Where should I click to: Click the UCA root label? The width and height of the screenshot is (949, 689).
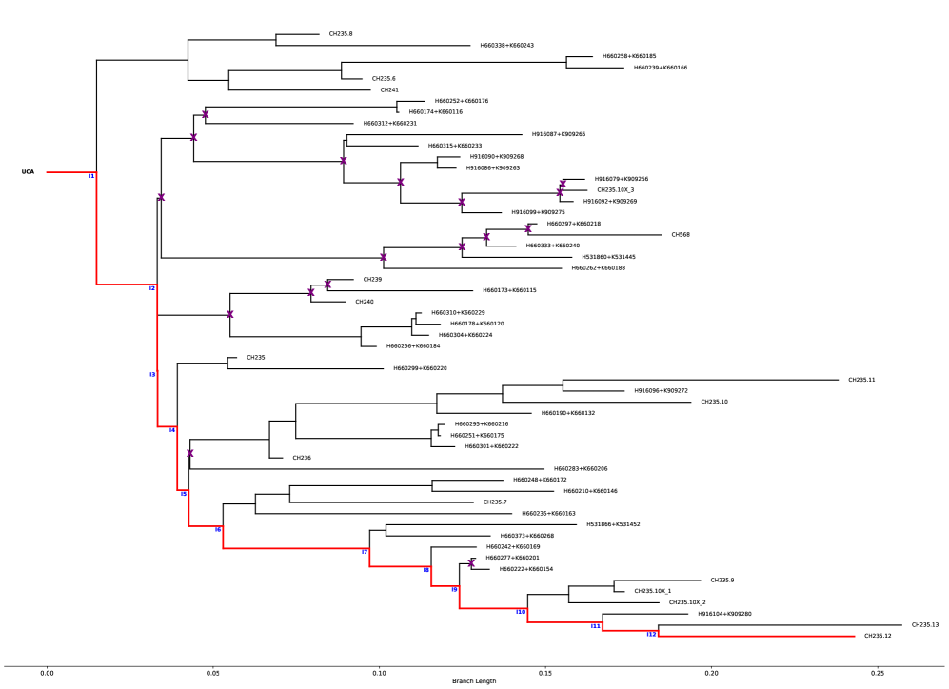click(29, 172)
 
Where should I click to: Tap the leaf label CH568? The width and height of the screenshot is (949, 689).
click(681, 234)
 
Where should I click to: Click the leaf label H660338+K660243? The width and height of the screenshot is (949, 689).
click(507, 46)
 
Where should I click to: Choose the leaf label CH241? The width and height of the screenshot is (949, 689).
click(388, 89)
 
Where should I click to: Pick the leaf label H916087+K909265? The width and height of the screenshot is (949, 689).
click(559, 134)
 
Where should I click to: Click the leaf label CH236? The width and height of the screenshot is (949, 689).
click(302, 458)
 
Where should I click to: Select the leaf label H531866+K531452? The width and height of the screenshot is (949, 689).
click(613, 524)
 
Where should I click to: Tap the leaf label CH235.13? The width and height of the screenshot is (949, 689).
click(925, 625)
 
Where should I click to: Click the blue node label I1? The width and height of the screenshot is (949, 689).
click(91, 176)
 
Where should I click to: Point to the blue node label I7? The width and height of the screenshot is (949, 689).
click(365, 552)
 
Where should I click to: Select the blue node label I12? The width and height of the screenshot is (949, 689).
click(651, 634)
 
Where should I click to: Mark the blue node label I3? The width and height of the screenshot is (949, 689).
click(152, 374)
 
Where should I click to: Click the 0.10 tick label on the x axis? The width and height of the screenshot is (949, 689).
click(379, 673)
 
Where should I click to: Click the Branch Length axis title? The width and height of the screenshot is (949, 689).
click(474, 683)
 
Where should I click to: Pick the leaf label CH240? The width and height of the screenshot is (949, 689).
click(365, 302)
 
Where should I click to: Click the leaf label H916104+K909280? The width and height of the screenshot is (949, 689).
click(724, 614)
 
